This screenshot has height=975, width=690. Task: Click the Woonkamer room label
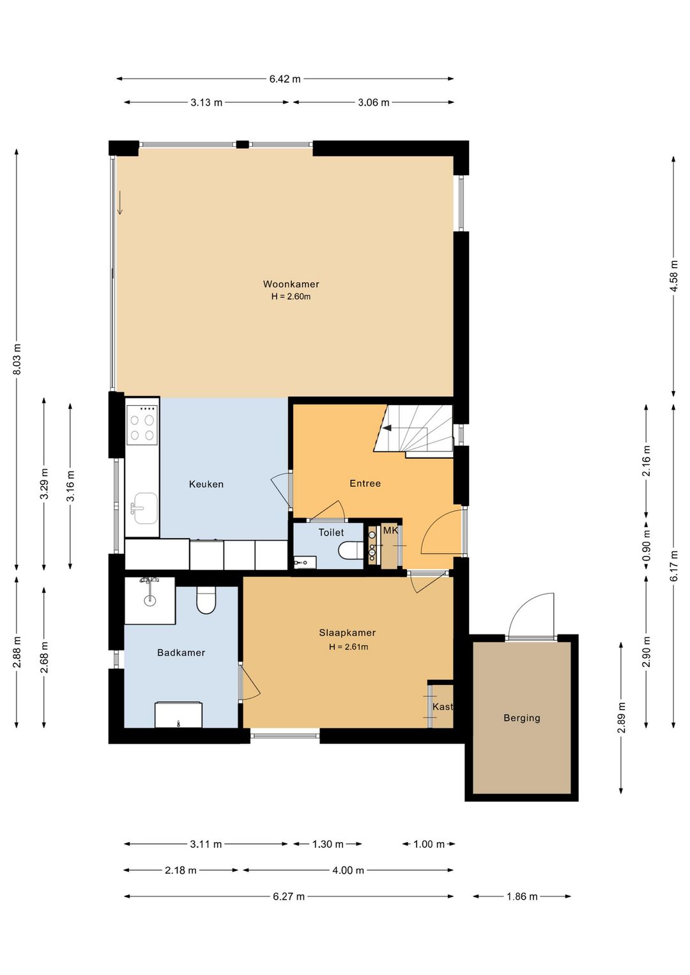point(291,284)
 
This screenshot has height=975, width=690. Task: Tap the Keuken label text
point(206,484)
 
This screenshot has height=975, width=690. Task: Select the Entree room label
point(365,483)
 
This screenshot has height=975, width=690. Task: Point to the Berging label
point(521,718)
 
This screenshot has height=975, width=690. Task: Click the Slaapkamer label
point(348,633)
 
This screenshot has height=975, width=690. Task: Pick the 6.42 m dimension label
point(285,79)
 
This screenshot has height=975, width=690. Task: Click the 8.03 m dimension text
point(17,359)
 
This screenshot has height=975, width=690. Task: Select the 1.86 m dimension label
point(522,896)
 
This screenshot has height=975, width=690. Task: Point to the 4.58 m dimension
point(674,276)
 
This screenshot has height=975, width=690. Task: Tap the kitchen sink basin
point(146,508)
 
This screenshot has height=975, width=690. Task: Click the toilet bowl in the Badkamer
point(206,600)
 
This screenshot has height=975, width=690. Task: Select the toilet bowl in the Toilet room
point(351,549)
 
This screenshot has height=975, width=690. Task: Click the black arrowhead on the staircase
point(387,428)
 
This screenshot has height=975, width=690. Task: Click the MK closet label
point(390,530)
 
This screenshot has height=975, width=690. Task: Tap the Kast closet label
point(443,707)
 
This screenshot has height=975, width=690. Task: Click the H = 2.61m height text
point(348,647)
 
